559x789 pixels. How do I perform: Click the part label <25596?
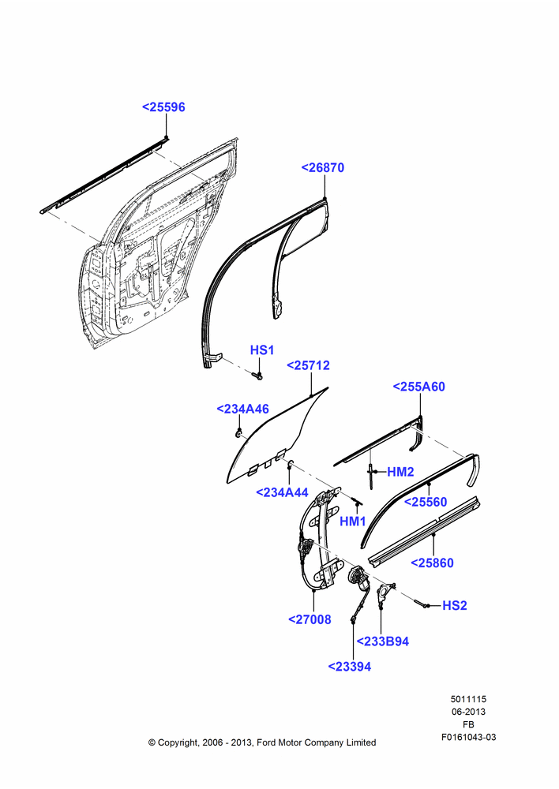163,107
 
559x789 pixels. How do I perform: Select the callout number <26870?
323,167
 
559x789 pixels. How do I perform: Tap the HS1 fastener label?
262,350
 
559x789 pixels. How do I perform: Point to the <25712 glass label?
308,365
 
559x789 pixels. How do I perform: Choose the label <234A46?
242,409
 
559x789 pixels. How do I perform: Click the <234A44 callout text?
282,492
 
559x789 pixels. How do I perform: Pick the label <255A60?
419,387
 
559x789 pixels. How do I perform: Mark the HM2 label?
400,472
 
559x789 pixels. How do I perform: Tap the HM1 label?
352,522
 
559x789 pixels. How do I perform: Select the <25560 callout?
426,502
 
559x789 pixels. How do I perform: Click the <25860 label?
432,563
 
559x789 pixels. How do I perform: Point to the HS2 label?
455,605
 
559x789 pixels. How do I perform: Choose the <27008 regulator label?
310,619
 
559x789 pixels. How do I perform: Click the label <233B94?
383,641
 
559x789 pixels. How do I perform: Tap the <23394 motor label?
350,667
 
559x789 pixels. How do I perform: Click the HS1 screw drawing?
257,374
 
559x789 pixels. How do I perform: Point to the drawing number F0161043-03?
468,737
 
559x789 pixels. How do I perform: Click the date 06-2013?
468,712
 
